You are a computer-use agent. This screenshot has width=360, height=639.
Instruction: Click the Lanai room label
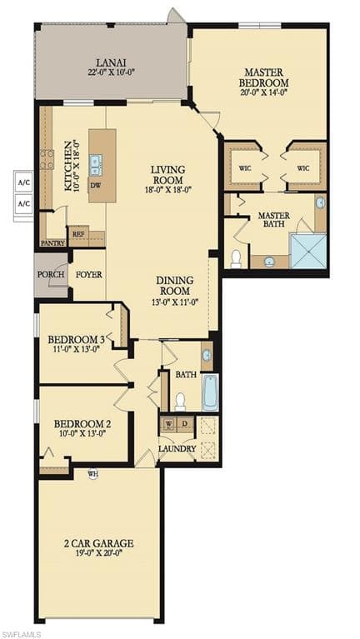[111, 63]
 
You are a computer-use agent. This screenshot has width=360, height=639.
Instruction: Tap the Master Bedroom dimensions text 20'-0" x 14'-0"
[264, 92]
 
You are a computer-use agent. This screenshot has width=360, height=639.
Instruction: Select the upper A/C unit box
[24, 182]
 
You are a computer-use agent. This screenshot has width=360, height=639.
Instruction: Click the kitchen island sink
[96, 165]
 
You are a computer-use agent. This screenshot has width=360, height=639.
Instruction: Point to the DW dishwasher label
[95, 184]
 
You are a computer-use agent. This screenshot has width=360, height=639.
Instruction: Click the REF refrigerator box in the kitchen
[77, 234]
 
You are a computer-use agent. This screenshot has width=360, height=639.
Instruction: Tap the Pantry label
[53, 243]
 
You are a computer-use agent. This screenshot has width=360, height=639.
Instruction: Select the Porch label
[51, 274]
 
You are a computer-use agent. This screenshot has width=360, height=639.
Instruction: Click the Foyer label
[89, 274]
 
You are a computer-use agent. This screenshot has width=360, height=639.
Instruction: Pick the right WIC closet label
[303, 168]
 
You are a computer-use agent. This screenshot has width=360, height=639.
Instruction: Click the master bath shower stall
[307, 251]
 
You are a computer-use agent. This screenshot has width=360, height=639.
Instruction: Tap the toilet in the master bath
[236, 259]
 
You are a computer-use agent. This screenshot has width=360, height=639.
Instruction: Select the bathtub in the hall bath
[210, 392]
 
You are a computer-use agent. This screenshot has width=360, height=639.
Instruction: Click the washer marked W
[168, 424]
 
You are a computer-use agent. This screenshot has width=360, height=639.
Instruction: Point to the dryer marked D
[185, 424]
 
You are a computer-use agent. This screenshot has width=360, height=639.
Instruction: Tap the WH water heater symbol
[93, 473]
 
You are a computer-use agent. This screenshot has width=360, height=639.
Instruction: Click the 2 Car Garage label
[99, 543]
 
